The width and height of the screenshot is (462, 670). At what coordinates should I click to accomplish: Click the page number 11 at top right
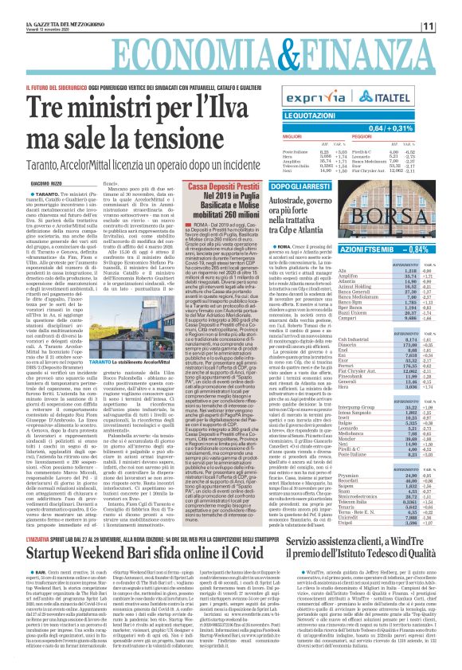(450, 26)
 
